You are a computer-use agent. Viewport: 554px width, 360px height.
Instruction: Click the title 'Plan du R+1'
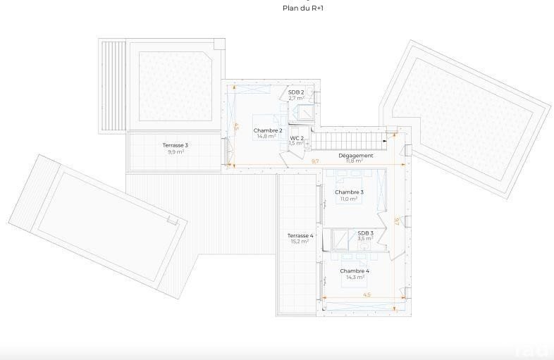click(x=303, y=8)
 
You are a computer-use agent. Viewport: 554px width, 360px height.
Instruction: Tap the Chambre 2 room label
click(x=268, y=130)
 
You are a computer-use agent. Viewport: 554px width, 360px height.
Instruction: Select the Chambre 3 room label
click(x=349, y=192)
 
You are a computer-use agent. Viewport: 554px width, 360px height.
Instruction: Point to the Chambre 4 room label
click(x=355, y=271)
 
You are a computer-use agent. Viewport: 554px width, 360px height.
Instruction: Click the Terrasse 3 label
click(x=176, y=145)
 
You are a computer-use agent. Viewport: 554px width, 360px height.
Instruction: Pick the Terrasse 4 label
click(x=300, y=235)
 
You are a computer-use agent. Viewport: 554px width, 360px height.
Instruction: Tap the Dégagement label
click(x=356, y=156)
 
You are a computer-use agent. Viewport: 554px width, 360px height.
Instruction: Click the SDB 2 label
click(x=296, y=92)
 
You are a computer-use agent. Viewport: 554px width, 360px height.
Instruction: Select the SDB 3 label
click(x=366, y=233)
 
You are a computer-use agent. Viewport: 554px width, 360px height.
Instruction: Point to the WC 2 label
click(x=297, y=138)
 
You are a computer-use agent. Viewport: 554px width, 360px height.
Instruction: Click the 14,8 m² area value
click(x=266, y=136)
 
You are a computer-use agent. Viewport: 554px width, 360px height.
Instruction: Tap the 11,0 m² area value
click(x=349, y=199)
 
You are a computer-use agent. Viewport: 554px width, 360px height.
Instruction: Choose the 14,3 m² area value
click(x=355, y=278)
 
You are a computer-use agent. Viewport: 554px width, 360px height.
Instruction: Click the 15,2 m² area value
click(x=300, y=242)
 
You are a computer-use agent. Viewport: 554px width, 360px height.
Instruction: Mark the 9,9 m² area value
click(x=176, y=152)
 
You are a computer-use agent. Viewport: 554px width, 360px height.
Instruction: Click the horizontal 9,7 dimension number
click(x=315, y=161)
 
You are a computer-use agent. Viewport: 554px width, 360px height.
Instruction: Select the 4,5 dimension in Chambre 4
click(x=367, y=294)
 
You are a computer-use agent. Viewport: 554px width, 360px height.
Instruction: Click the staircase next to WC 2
click(x=349, y=141)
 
